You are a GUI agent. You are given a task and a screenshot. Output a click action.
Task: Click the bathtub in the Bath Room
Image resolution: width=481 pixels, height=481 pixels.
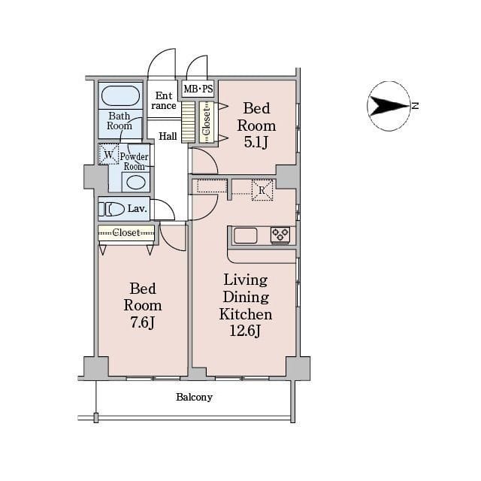pyautogui.click(x=120, y=95)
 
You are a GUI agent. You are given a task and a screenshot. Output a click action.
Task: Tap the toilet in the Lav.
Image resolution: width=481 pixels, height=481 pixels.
pyautogui.click(x=111, y=209)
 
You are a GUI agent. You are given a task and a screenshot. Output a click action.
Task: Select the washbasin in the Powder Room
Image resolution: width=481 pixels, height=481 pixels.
pyautogui.click(x=136, y=183)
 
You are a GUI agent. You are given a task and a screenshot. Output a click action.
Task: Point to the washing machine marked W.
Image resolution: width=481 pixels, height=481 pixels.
pyautogui.click(x=108, y=154)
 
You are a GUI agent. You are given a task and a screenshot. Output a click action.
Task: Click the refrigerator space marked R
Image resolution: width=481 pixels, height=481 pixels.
pyautogui.click(x=262, y=190)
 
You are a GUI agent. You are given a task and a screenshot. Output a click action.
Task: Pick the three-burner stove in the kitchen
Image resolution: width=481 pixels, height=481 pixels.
pyautogui.click(x=280, y=235)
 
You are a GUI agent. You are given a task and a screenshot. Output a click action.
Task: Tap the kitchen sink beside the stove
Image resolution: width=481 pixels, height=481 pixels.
pyautogui.click(x=246, y=235)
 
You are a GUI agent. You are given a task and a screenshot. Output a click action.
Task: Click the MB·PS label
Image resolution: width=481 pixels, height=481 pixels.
pyautogui.click(x=198, y=89)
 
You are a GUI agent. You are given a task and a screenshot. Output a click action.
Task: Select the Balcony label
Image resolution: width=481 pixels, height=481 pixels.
pyautogui.click(x=194, y=398)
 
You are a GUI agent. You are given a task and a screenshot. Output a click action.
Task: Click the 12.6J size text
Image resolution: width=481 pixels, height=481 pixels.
pyautogui.click(x=245, y=331)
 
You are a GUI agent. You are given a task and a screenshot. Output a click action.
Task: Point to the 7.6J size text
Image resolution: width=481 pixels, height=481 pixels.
pyautogui.click(x=142, y=322)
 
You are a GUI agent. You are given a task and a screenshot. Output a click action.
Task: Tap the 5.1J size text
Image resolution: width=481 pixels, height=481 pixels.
pyautogui.click(x=256, y=142)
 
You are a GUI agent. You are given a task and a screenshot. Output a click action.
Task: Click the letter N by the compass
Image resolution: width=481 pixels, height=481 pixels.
pyautogui.click(x=415, y=106)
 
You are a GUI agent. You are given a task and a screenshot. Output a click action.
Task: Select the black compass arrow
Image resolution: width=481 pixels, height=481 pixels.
pyautogui.click(x=389, y=106)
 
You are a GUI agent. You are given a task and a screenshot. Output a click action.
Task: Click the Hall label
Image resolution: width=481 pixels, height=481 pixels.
pyautogui.click(x=168, y=136)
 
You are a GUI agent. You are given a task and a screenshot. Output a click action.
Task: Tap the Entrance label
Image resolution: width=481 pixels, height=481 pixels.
pyautogui.click(x=164, y=101)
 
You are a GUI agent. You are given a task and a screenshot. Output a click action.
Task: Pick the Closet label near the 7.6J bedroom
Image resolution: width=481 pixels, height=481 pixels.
pyautogui.click(x=126, y=232)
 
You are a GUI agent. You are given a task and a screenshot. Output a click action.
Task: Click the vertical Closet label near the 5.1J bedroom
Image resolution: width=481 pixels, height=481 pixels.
pyautogui.click(x=207, y=122)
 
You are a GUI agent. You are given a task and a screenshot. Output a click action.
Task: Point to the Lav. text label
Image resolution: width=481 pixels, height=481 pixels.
pyautogui.click(x=137, y=209)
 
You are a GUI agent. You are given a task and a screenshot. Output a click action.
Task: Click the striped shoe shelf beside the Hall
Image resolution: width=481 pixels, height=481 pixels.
pyautogui.click(x=188, y=122)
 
